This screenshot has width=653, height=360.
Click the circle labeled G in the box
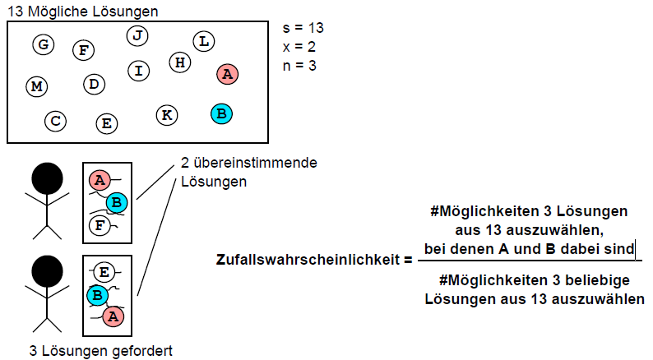(x=44, y=44)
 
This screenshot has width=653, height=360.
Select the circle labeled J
(x=138, y=35)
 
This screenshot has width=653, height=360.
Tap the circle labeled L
(x=204, y=41)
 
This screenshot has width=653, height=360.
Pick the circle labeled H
(x=180, y=62)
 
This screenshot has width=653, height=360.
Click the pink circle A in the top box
(x=228, y=74)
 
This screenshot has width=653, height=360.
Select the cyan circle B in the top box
(x=220, y=113)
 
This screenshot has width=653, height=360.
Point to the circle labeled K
(x=167, y=114)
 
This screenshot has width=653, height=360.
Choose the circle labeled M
(x=36, y=86)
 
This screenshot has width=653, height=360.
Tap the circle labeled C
(x=55, y=122)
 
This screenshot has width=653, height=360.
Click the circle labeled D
(x=95, y=84)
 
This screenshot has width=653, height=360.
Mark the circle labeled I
(x=139, y=71)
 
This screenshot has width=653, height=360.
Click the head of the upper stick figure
(x=47, y=179)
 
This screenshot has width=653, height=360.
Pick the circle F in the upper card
(x=100, y=224)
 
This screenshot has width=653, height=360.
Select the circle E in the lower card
(x=104, y=272)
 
